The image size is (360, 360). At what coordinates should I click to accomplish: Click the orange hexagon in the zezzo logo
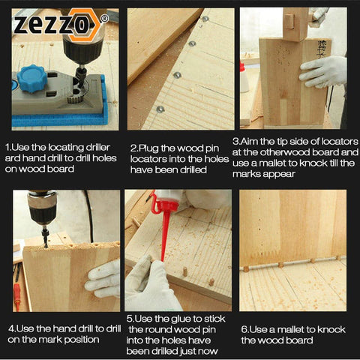tap(90, 24)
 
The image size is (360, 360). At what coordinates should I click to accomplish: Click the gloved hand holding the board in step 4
tap(103, 278)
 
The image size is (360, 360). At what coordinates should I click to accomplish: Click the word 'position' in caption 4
tap(80, 340)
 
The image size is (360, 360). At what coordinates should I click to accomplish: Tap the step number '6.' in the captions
tap(244, 328)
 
